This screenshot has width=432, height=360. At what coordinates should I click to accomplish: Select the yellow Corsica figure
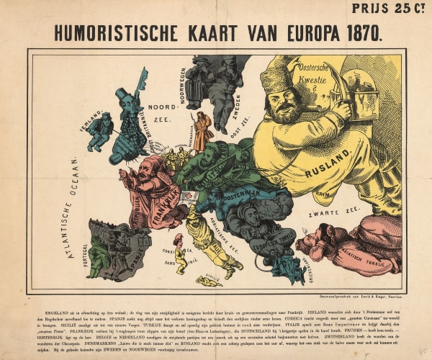click(x=180, y=254)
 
